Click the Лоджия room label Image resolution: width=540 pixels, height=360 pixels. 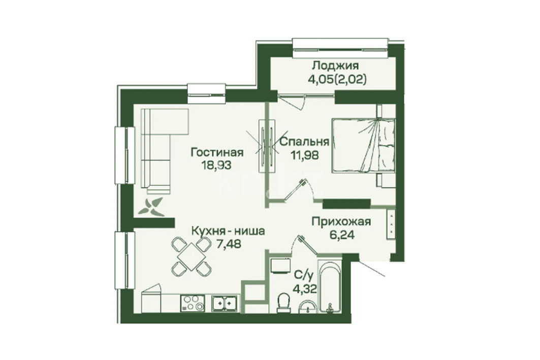[335, 66]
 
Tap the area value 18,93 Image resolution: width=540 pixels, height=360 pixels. [217, 165]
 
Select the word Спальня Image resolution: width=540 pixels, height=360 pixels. [304, 142]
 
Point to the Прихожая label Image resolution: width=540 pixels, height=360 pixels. [341, 222]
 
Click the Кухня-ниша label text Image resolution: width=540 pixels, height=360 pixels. [228, 231]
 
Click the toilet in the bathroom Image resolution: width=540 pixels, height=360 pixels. [284, 302]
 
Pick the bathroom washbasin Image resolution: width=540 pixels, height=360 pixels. [307, 307]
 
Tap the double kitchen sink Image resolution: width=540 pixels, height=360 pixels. [224, 303]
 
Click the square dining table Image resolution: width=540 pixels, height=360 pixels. [191, 256]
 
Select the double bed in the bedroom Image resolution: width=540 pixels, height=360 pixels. [363, 145]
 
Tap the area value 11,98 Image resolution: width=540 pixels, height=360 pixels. [304, 154]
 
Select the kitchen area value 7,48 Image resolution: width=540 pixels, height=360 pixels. [228, 244]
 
